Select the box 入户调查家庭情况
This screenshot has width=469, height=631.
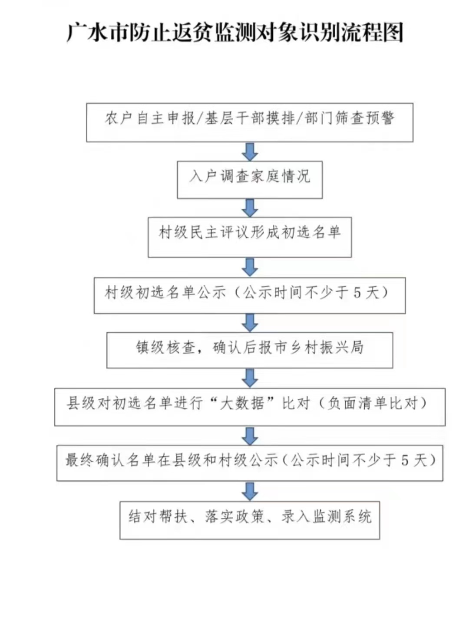250,180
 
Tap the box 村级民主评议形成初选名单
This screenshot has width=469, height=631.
250,237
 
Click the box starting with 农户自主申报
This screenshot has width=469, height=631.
250,123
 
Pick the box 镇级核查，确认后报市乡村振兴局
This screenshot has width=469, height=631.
250,350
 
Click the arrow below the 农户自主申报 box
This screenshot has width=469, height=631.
250,152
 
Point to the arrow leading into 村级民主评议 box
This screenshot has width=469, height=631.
250,208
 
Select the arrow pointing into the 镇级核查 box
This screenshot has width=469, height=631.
250,323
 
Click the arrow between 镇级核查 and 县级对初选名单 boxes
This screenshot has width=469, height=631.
250,378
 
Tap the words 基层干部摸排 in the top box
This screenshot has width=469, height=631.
250,118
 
